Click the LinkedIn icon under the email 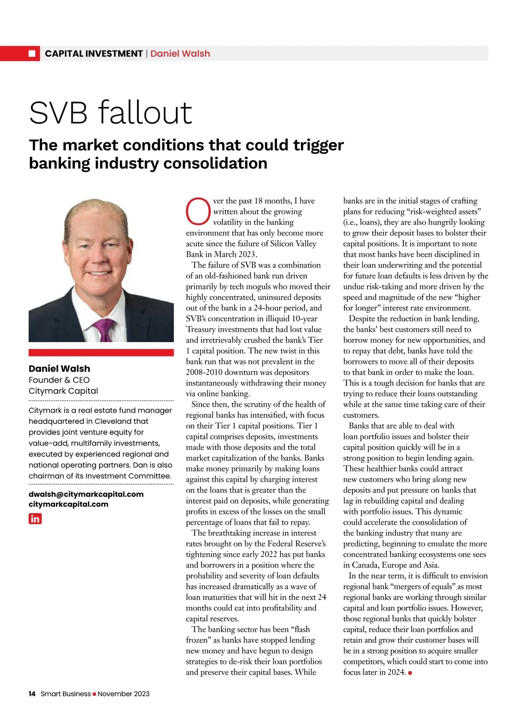(x=35, y=519)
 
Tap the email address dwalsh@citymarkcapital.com (x=86, y=494)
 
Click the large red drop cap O (x=198, y=211)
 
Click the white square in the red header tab (x=32, y=53)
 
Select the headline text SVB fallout (x=110, y=113)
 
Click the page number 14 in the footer (x=32, y=694)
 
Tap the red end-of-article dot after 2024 (x=410, y=673)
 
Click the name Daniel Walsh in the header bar (x=180, y=53)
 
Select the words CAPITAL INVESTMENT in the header (x=93, y=53)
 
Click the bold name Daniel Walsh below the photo (x=59, y=368)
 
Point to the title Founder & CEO (x=59, y=380)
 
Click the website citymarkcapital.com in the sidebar (x=69, y=504)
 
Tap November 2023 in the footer (x=124, y=694)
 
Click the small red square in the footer (x=94, y=694)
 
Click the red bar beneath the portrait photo (x=101, y=352)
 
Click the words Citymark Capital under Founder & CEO (x=63, y=391)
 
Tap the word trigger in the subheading (x=318, y=145)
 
